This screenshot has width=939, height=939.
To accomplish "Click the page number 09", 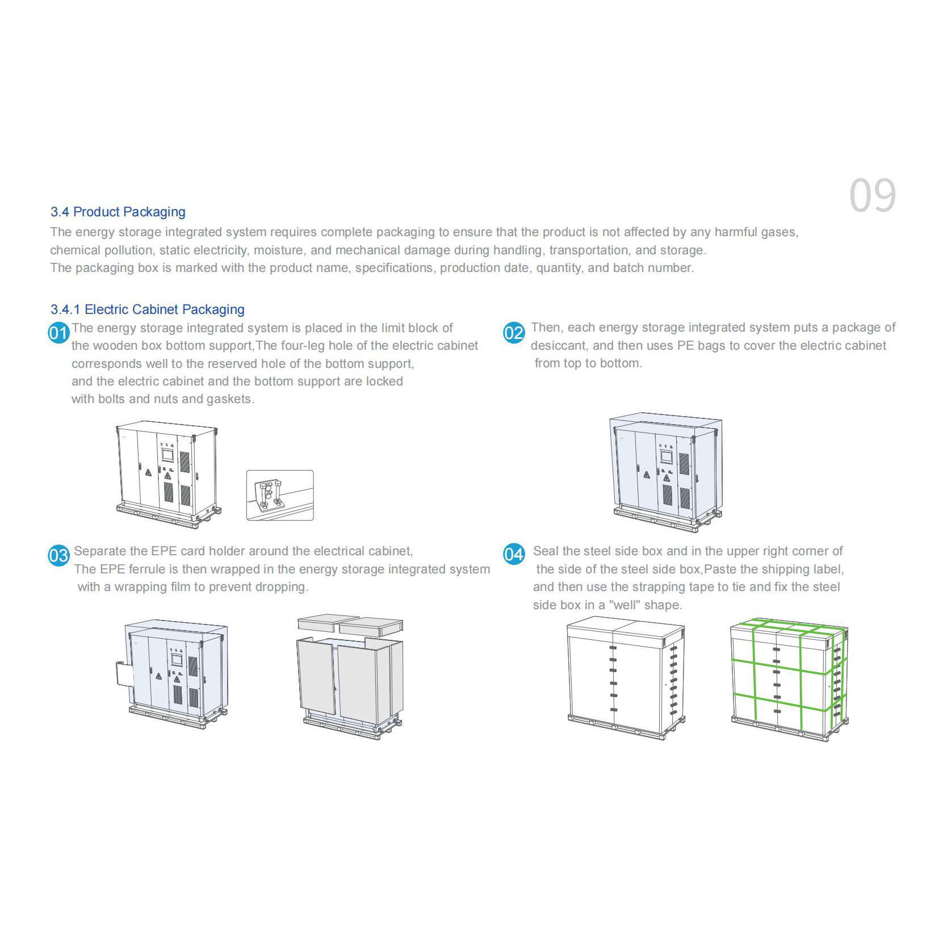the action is click(873, 196).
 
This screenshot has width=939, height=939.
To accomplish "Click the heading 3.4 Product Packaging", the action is click(118, 212).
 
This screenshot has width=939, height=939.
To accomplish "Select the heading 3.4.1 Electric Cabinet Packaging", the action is click(148, 309).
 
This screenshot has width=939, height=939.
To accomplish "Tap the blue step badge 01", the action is click(59, 333).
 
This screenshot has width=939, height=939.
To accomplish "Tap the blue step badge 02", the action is click(514, 332).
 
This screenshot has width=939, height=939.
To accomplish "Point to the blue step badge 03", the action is click(59, 555).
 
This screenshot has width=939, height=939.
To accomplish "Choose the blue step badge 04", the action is click(514, 554).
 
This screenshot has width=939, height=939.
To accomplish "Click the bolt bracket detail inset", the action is click(280, 495).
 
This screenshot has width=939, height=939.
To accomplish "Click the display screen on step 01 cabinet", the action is click(167, 455).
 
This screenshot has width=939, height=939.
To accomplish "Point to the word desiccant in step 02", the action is click(558, 346).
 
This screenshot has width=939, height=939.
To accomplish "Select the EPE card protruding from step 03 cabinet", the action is click(125, 673).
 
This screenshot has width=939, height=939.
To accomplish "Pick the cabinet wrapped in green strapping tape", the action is click(789, 679).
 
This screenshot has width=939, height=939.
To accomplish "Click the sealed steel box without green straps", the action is click(626, 679).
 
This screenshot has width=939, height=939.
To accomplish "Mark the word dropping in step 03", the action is click(281, 588).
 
